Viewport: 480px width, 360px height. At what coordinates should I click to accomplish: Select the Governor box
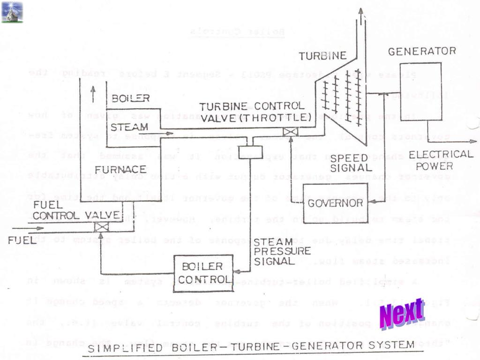pos(335,202)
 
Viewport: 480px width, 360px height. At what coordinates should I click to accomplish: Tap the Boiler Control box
pos(203,273)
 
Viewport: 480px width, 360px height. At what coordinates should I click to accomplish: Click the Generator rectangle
pos(420,91)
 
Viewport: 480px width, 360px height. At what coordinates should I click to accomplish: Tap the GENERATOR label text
pos(421,51)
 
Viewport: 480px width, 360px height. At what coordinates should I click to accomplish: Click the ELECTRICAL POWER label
pos(441,160)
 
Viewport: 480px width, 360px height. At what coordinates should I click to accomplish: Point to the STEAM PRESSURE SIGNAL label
pos(282,251)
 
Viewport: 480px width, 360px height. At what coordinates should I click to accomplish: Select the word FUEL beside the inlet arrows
pos(22,240)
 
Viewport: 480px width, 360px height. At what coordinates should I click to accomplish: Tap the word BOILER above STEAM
pos(131,98)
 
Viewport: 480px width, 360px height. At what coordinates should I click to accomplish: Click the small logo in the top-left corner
pos(12,12)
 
